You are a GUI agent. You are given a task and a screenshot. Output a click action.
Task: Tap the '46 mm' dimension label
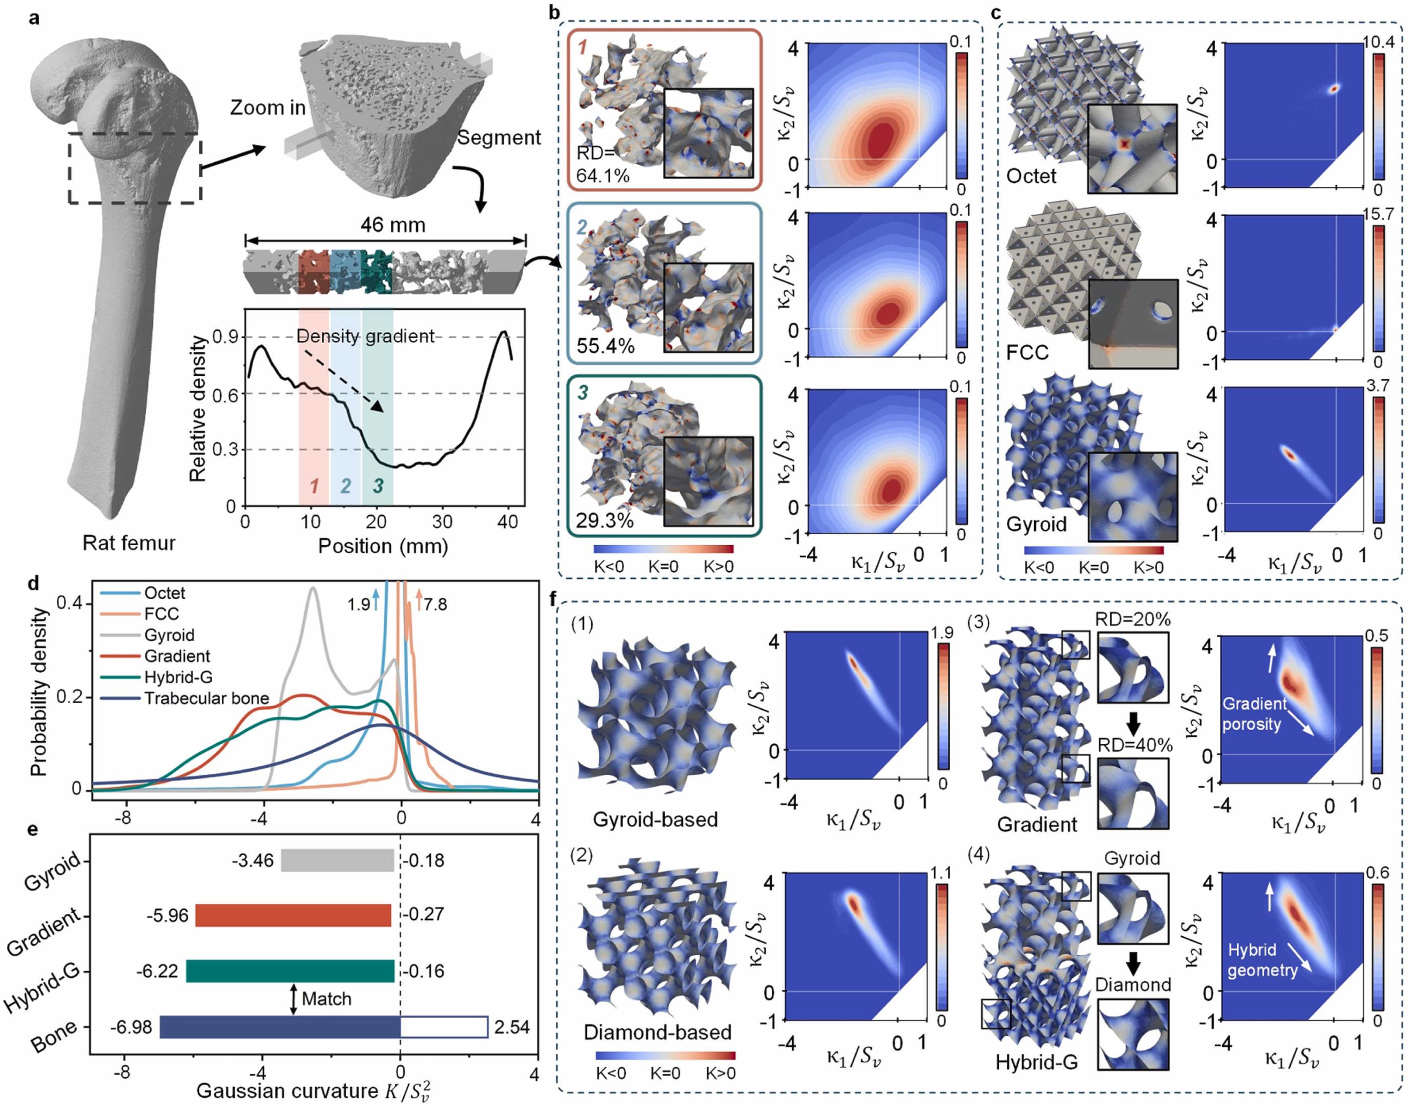(x=393, y=225)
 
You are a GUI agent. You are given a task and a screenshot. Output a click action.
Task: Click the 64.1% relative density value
(x=602, y=175)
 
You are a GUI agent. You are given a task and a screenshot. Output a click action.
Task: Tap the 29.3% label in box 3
(x=604, y=520)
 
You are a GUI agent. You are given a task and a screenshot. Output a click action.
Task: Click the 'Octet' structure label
(x=1031, y=176)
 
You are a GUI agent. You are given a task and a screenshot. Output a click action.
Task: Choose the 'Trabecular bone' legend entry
(x=206, y=698)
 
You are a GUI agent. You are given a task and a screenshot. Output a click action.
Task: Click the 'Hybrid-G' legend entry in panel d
(x=178, y=677)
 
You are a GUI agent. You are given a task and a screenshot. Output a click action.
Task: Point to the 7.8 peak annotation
(x=435, y=604)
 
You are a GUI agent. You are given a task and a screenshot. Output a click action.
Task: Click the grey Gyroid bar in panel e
(x=337, y=860)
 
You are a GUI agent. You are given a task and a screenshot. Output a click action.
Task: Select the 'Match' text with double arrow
(x=326, y=999)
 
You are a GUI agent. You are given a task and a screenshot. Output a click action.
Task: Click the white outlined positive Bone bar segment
(x=444, y=1027)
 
